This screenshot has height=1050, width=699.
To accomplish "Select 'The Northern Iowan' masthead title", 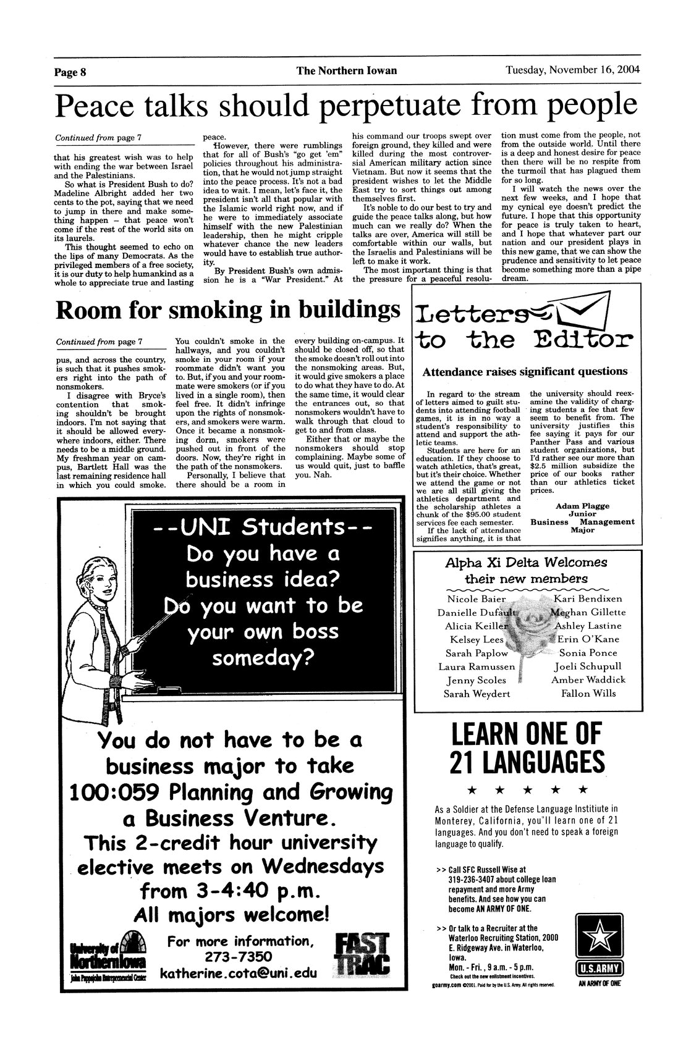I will pyautogui.click(x=346, y=71).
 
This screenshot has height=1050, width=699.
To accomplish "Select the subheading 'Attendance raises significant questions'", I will pyautogui.click(x=525, y=371).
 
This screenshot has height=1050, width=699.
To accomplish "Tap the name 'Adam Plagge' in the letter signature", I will pyautogui.click(x=582, y=506).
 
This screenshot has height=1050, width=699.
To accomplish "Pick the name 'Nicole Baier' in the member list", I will pyautogui.click(x=475, y=598).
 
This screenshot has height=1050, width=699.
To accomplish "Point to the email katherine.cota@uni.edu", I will pyautogui.click(x=238, y=974).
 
